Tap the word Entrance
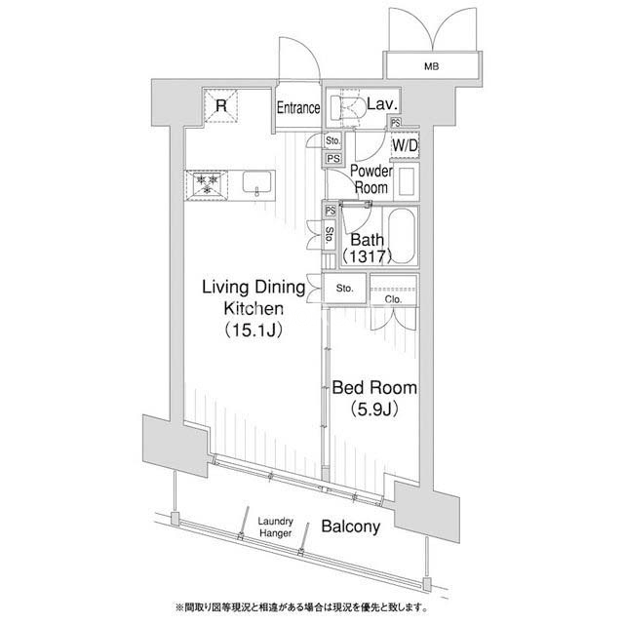[x=298, y=108]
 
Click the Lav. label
[x=382, y=104]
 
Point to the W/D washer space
[x=405, y=145]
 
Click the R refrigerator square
[x=221, y=106]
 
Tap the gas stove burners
[x=207, y=185]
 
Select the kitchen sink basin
[x=256, y=183]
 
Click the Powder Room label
[x=371, y=179]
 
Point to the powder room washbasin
[x=407, y=182]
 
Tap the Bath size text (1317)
[x=368, y=256]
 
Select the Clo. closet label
[x=393, y=299]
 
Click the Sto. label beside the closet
[x=344, y=289]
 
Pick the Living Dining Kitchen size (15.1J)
[x=253, y=330]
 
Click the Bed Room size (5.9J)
[x=374, y=409]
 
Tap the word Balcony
[x=351, y=526]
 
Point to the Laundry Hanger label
[x=275, y=526]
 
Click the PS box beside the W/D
[x=396, y=123]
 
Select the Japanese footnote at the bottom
[x=302, y=607]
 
